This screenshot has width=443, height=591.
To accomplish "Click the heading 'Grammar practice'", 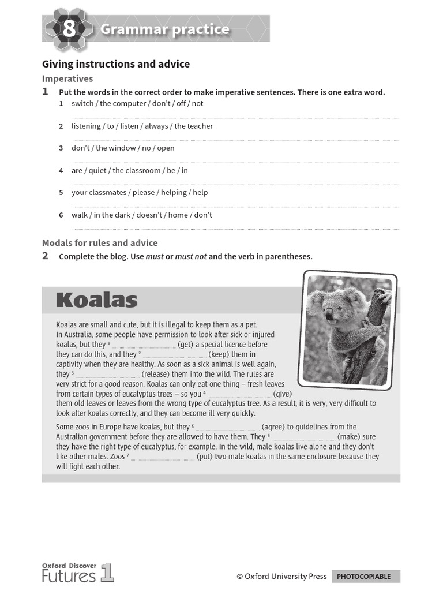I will click(x=164, y=29).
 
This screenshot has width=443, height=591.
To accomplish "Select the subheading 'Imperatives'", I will click(x=67, y=78).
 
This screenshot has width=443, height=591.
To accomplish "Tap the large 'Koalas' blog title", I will click(x=96, y=301).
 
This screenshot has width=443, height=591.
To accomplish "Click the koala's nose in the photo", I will click(x=328, y=315).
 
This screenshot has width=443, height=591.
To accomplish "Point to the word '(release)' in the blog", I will click(x=157, y=374).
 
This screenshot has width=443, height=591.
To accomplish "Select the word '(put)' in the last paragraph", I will click(x=205, y=457).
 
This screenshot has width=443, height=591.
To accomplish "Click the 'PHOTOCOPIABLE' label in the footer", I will click(x=363, y=576).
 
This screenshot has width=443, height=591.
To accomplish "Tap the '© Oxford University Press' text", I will click(x=281, y=576).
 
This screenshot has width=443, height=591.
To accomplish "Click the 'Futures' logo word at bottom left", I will click(x=69, y=575).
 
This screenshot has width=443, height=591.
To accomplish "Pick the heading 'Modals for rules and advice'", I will click(x=100, y=243).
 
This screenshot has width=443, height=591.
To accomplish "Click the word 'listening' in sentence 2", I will click(x=86, y=126).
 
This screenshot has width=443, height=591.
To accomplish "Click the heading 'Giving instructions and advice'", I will click(x=116, y=64).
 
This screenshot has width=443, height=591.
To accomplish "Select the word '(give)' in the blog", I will click(x=283, y=394).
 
